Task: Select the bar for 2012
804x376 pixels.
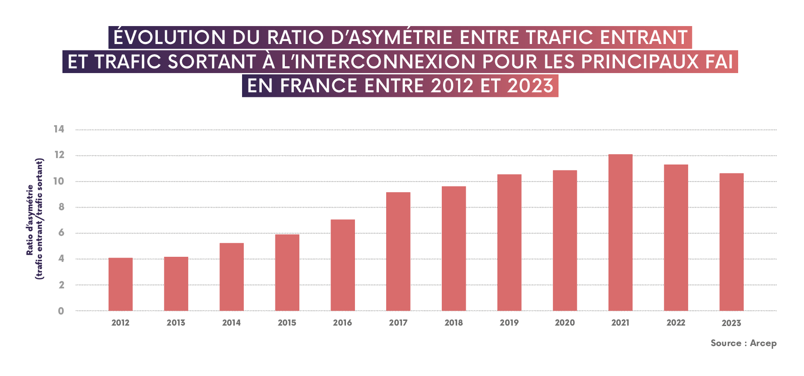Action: (121, 284)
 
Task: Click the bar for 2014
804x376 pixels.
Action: (231, 277)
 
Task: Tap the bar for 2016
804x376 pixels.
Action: (343, 265)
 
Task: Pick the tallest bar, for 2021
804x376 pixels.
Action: (620, 232)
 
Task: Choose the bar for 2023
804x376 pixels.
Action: (731, 242)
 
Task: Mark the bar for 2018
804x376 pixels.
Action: (454, 248)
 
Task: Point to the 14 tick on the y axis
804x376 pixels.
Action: (59, 129)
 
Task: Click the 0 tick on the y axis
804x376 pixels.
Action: (61, 311)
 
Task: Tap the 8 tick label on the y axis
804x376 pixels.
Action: (61, 207)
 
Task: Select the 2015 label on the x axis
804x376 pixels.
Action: (287, 323)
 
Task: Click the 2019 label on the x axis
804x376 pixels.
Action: (509, 323)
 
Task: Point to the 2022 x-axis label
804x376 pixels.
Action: (676, 323)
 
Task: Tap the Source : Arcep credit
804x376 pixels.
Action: (743, 343)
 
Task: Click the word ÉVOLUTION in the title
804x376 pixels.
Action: (170, 38)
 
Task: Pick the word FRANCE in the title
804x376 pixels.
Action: (319, 86)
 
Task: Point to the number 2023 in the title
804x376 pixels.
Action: (530, 86)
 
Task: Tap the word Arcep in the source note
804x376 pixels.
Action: (763, 343)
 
